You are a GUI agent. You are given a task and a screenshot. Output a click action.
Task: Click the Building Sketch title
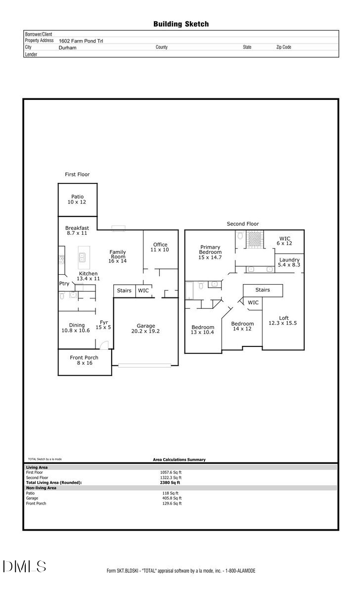click(x=180, y=24)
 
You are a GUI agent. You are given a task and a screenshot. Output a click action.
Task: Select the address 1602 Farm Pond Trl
click(x=81, y=41)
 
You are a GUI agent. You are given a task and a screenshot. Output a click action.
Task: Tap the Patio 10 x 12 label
click(x=77, y=199)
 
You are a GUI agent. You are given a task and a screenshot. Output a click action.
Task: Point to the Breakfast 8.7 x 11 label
click(x=77, y=230)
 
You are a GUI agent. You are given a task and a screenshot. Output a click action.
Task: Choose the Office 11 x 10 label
click(x=160, y=247)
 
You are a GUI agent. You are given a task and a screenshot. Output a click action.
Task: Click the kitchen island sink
click(x=83, y=257)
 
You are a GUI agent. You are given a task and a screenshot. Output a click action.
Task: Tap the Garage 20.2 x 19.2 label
click(x=146, y=328)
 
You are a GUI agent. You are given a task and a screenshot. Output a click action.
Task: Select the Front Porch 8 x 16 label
click(x=84, y=360)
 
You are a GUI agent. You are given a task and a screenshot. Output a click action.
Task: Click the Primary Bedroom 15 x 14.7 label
click(x=210, y=252)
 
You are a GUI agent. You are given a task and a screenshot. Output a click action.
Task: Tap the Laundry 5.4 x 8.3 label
click(x=289, y=262)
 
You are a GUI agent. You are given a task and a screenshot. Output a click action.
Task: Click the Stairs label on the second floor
click(x=262, y=290)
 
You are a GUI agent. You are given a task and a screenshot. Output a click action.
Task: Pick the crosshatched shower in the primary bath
click(x=254, y=239)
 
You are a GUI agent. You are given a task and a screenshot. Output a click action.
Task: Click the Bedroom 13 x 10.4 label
click(x=203, y=330)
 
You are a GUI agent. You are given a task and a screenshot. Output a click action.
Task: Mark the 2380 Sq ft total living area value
click(x=172, y=482)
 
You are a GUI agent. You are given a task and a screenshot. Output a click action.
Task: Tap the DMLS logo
click(x=25, y=566)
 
